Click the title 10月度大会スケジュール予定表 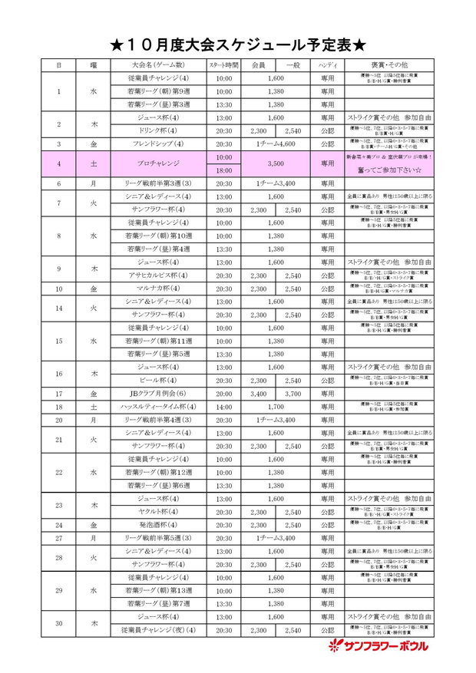point(237,45)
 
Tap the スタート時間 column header point(223,66)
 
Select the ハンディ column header point(327,66)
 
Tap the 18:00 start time point(223,170)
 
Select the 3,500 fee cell point(276,164)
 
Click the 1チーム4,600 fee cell point(276,144)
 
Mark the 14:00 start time point(223,407)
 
